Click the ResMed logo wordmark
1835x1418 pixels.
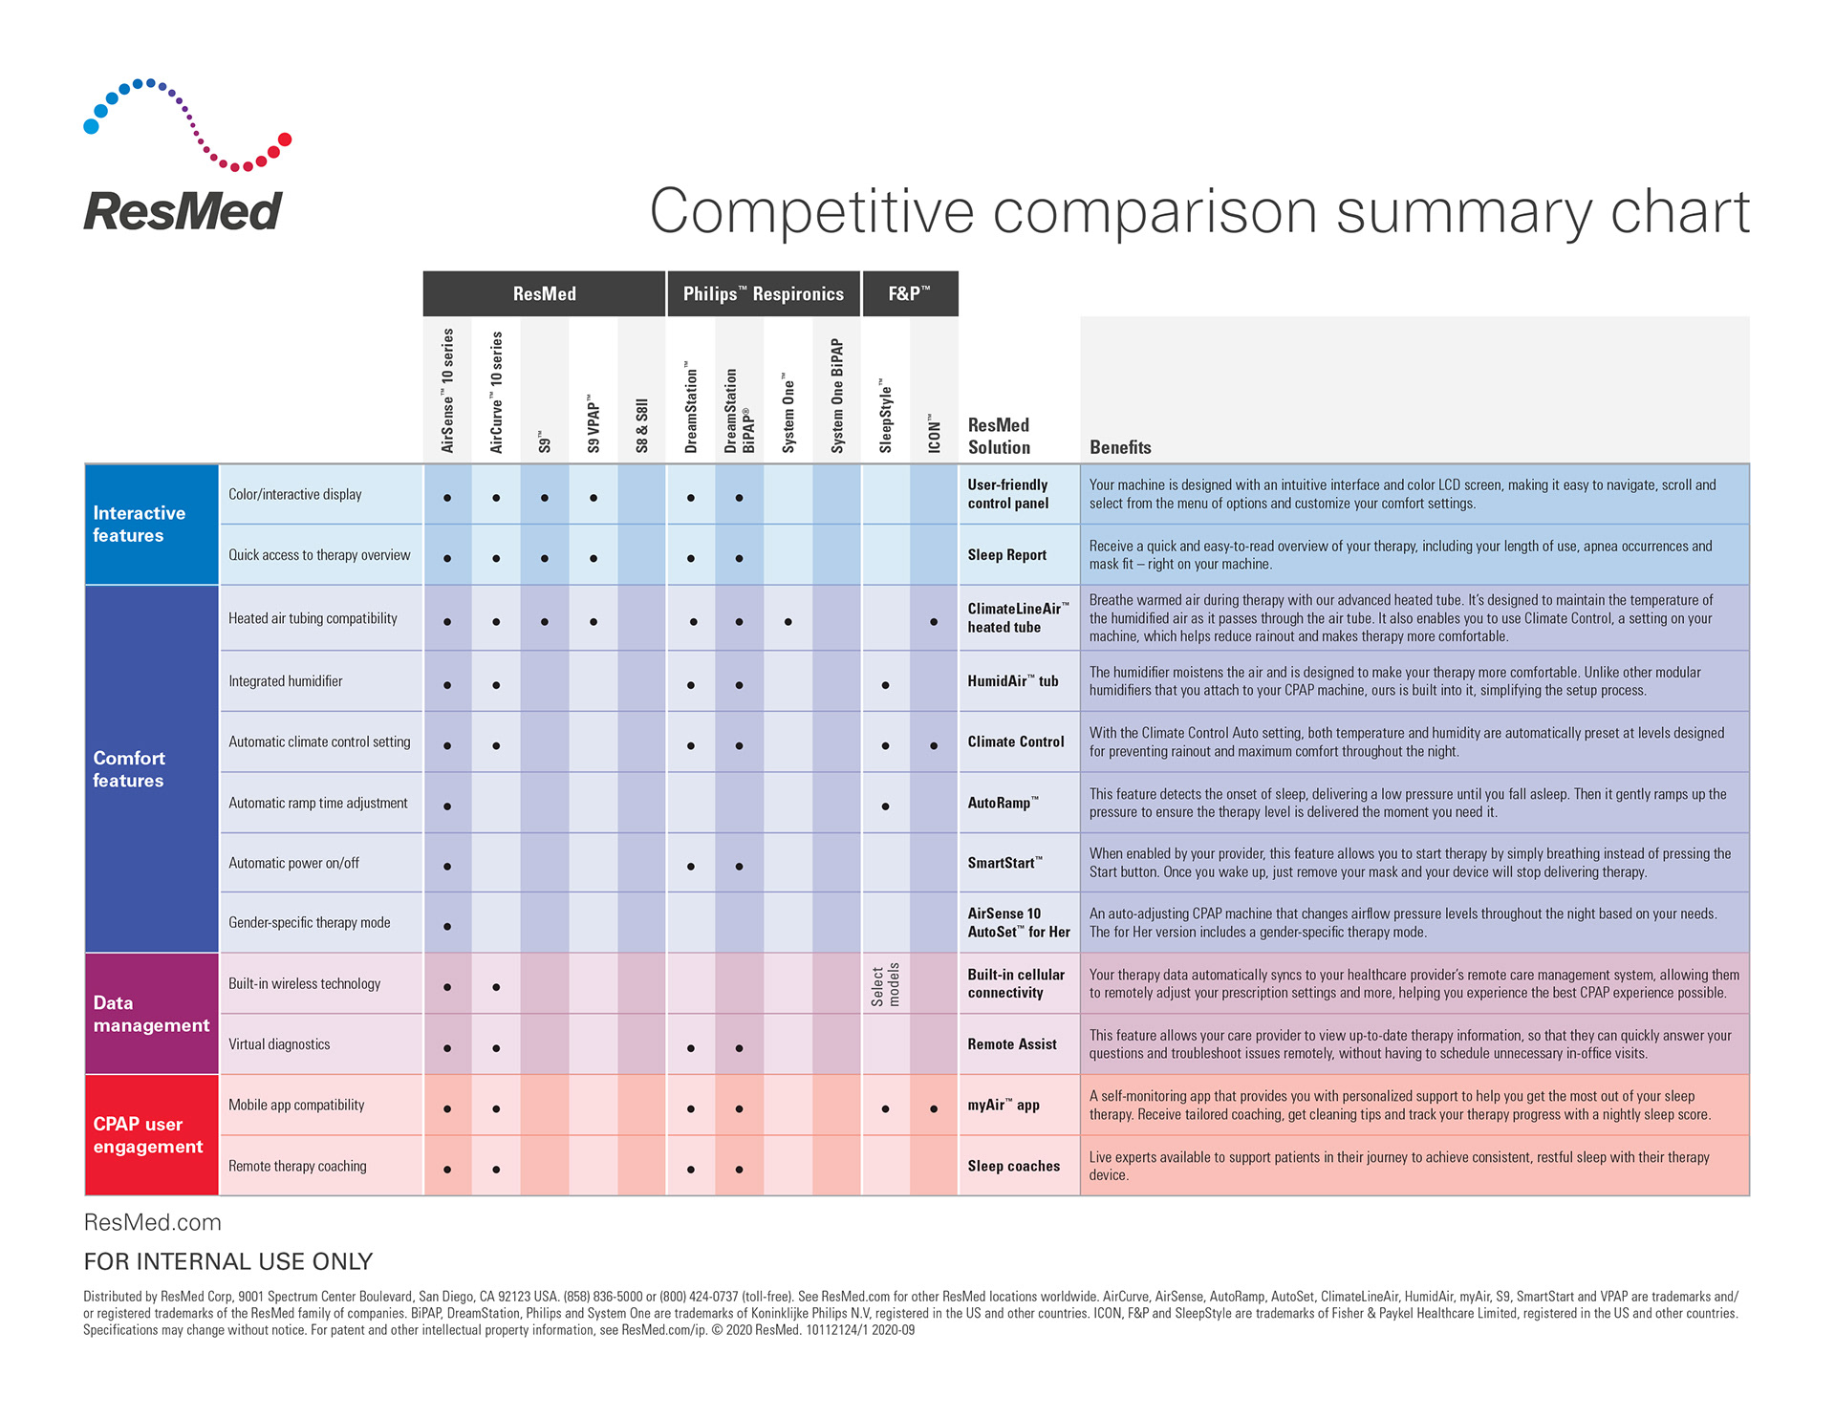[183, 211]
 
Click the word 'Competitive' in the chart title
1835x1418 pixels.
[811, 211]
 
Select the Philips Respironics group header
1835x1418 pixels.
[763, 294]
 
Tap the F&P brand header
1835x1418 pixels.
[909, 294]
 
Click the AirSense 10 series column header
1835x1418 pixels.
[447, 391]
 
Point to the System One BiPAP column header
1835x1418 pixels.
[837, 396]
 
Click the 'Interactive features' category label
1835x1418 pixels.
[139, 525]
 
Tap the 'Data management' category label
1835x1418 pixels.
[151, 1014]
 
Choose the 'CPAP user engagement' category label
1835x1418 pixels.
[148, 1135]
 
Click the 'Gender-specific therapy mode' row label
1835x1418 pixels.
[309, 923]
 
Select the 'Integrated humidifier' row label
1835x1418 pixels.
[285, 681]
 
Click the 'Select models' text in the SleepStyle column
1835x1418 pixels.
[885, 984]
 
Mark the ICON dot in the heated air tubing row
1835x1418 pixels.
[934, 622]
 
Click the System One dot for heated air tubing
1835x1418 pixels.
[788, 622]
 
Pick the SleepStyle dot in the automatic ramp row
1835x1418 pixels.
[885, 806]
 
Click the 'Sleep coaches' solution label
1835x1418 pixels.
[1013, 1166]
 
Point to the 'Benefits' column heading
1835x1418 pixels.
[1120, 447]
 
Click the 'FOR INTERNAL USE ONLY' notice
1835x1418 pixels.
[228, 1261]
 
